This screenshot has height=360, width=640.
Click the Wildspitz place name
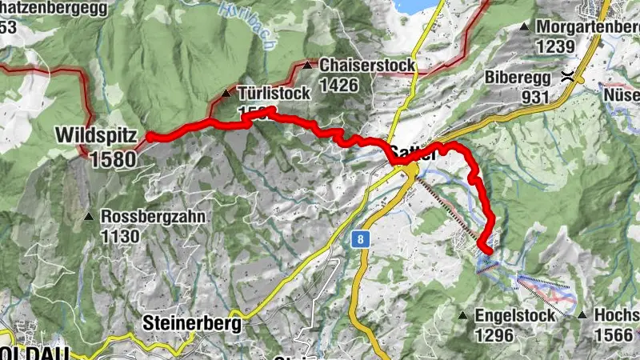[x=97, y=135]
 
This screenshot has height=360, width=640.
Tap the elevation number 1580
[x=113, y=158]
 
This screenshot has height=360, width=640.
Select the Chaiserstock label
[x=367, y=66]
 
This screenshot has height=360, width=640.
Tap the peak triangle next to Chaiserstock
[x=308, y=66]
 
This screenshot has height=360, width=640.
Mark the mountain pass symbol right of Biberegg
[x=568, y=78]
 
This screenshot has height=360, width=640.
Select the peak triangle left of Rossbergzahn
[x=89, y=217]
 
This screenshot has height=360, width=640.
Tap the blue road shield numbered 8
[x=362, y=239]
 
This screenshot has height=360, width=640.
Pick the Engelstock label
[x=514, y=316]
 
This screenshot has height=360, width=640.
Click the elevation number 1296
[x=494, y=335]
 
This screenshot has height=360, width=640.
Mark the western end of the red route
[x=150, y=138]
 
